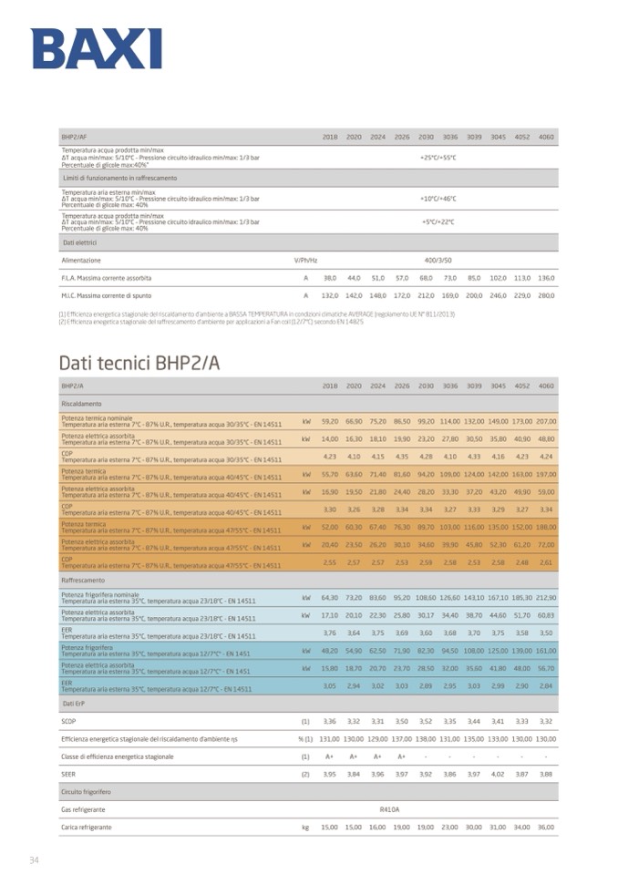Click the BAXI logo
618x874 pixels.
point(96,48)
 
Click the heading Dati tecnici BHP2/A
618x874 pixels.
point(139,363)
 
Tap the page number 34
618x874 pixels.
point(34,859)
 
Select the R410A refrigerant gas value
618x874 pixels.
point(389,809)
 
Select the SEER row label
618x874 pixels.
point(68,774)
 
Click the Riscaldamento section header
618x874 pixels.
point(81,402)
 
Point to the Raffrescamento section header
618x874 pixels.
point(83,580)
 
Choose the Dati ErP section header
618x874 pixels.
point(74,704)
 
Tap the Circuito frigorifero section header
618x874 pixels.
point(86,793)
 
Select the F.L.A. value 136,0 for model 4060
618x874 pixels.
point(546,277)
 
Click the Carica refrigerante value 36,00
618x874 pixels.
point(546,828)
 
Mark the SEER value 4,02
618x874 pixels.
point(498,774)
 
